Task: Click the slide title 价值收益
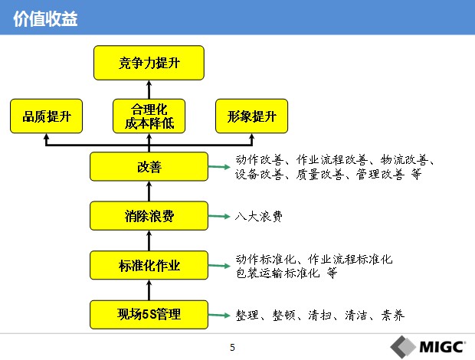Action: (x=45, y=19)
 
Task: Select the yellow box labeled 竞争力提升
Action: (x=149, y=63)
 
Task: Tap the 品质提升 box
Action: (x=46, y=116)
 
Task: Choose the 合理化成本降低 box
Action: (x=149, y=116)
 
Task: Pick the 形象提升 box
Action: (x=251, y=116)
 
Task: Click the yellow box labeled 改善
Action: (x=149, y=166)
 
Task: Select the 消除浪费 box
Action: (x=149, y=216)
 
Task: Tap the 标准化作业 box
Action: (x=149, y=265)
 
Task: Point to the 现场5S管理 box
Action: (x=149, y=315)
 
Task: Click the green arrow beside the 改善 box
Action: (x=219, y=166)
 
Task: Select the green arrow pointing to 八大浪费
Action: (x=219, y=216)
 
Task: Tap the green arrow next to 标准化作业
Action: (x=219, y=266)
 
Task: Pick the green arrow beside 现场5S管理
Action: (x=219, y=315)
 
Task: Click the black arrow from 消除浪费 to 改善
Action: (x=149, y=191)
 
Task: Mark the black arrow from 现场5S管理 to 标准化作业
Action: (x=149, y=290)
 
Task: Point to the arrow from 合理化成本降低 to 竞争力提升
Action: (x=149, y=90)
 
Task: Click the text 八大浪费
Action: (x=259, y=216)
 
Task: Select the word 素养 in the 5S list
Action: (x=392, y=315)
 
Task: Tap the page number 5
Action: (x=232, y=347)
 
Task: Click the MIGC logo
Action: (x=427, y=347)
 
